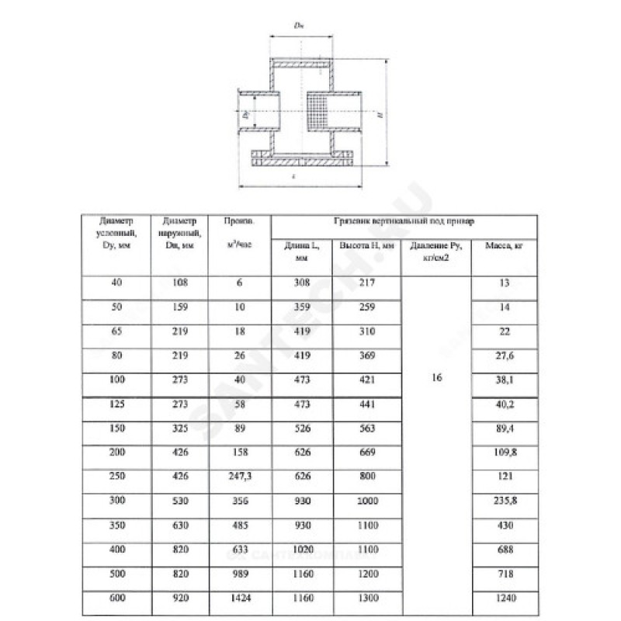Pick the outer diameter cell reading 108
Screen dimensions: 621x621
(x=178, y=283)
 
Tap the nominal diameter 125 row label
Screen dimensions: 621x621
(x=117, y=402)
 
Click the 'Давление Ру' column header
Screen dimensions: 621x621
(x=436, y=252)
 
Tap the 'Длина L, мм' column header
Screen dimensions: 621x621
(x=302, y=252)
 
